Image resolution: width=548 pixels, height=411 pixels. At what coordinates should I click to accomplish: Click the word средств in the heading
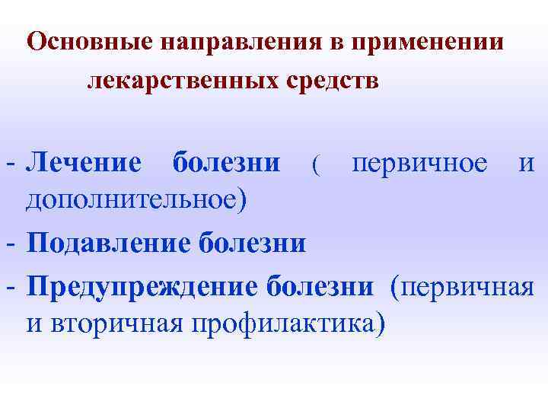(332, 80)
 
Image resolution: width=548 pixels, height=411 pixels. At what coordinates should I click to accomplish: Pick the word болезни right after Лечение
(226, 162)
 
